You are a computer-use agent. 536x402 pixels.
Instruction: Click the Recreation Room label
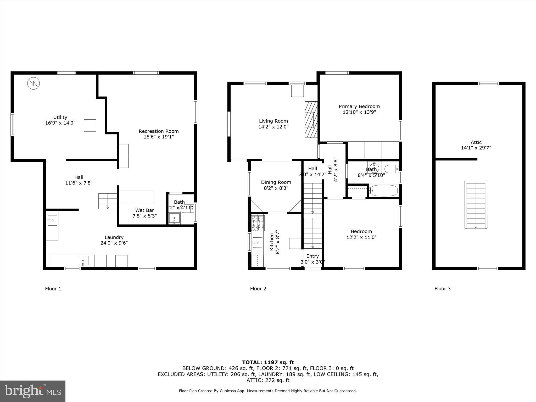tap(159, 131)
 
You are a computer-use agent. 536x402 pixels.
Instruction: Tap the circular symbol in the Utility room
tap(33, 83)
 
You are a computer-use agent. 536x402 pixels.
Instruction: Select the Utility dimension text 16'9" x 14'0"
tap(60, 123)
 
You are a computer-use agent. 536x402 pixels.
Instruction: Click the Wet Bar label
tap(144, 210)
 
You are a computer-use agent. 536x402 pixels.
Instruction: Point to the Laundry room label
tap(114, 237)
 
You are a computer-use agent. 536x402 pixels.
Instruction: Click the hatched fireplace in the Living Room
tap(311, 120)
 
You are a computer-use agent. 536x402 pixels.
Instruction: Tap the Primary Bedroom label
tap(359, 107)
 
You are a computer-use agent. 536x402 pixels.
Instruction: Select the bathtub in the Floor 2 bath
tap(384, 191)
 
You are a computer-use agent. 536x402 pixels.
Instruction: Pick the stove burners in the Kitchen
tap(258, 223)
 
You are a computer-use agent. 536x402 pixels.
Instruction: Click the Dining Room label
tap(276, 182)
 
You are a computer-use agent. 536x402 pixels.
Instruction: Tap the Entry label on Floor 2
tap(312, 256)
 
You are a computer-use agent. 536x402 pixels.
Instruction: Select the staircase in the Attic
tap(476, 205)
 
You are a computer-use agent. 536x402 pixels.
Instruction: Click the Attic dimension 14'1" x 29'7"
tap(476, 148)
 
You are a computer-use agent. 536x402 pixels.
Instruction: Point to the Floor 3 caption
tap(442, 289)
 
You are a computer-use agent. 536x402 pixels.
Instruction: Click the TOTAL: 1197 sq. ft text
tap(268, 362)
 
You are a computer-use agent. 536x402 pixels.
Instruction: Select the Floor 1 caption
tap(53, 289)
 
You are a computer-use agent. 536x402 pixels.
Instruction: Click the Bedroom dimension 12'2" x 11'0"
tap(361, 237)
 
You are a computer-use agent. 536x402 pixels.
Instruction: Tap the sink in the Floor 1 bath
tap(174, 218)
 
